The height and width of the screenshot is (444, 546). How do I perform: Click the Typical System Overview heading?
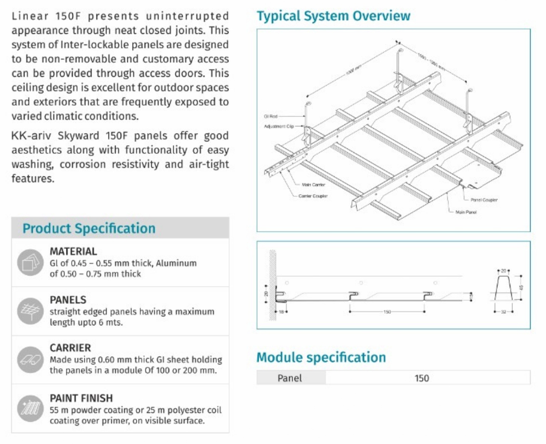333,15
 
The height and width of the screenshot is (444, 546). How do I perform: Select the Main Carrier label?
314,185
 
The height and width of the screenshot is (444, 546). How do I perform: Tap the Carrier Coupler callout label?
313,196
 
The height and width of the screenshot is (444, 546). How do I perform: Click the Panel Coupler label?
484,200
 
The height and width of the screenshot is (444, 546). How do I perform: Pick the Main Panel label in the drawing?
466,212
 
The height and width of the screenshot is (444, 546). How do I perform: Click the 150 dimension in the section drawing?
387,312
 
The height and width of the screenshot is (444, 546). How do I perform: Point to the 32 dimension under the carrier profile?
503,312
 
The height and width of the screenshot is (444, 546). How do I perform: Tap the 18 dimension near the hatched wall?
281,312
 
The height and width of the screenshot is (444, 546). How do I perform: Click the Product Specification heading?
89,228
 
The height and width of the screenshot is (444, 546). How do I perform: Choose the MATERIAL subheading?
73,251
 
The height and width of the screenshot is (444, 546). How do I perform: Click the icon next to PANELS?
30,311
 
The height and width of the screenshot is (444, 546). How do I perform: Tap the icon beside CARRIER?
30,360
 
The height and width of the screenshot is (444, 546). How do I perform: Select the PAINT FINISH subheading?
81,398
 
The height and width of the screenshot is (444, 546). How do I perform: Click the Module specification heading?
321,357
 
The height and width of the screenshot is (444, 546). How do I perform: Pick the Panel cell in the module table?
290,378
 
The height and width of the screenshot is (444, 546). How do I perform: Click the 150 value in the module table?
422,378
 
